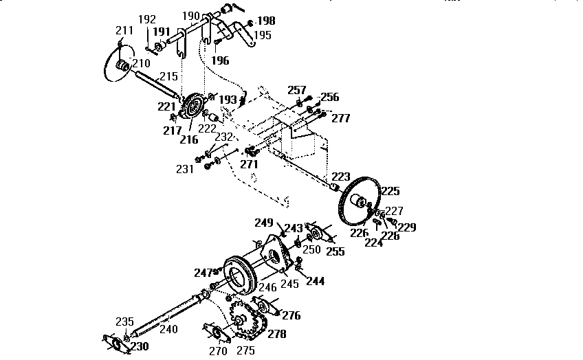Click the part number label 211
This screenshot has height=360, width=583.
click(124, 30)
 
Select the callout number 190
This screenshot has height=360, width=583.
click(190, 16)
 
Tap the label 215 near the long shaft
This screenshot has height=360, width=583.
click(168, 76)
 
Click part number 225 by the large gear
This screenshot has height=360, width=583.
click(390, 191)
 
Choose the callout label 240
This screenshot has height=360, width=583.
click(168, 329)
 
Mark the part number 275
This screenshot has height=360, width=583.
click(245, 350)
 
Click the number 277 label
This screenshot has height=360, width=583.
click(340, 118)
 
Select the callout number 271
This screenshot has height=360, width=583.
click(249, 164)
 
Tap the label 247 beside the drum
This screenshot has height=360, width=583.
click(203, 273)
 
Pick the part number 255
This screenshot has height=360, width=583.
click(335, 251)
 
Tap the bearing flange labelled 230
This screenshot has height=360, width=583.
click(117, 344)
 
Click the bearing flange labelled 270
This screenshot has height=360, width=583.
click(217, 333)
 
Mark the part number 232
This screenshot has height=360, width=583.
click(224, 137)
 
